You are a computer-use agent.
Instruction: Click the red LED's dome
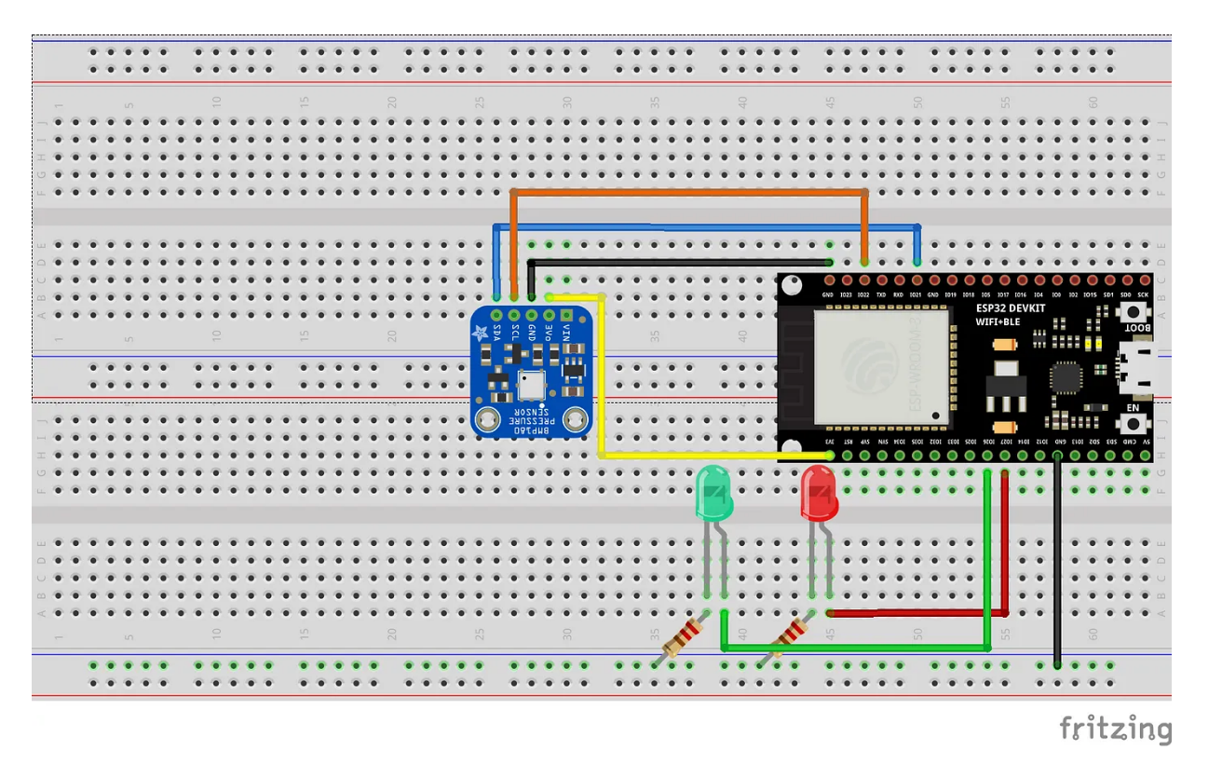[x=820, y=492]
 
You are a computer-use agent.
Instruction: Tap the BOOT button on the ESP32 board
[x=1133, y=313]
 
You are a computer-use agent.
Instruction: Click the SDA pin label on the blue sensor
[x=496, y=331]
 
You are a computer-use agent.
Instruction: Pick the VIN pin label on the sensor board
[x=566, y=331]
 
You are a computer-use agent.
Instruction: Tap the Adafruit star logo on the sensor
[x=481, y=333]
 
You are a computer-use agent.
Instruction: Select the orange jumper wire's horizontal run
[x=689, y=193]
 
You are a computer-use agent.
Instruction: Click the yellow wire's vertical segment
[x=603, y=382]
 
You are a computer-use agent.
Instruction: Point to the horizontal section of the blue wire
[x=708, y=226]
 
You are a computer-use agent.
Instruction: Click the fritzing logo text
[x=1115, y=729]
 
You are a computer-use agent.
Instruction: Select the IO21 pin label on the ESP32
[x=917, y=295]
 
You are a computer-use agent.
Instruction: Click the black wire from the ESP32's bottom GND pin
[x=1057, y=559]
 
